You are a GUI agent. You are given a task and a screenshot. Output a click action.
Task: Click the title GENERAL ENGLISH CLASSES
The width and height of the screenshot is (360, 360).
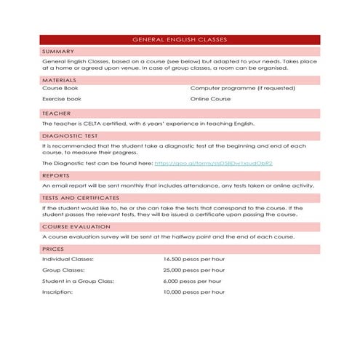click(180, 39)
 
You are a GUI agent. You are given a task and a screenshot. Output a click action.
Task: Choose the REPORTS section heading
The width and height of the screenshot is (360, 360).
click(55, 175)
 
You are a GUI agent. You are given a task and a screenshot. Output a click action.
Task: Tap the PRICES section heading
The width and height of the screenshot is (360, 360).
click(52, 249)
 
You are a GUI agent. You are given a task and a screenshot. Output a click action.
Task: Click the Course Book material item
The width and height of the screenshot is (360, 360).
click(60, 88)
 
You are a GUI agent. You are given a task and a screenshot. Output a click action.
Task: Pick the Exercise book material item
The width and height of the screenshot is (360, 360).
click(62, 99)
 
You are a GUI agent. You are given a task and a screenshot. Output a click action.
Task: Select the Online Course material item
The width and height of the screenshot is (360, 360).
click(210, 99)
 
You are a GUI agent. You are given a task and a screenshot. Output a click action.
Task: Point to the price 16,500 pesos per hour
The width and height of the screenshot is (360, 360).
click(195, 259)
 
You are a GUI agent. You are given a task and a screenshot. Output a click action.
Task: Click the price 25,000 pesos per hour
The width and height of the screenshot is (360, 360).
click(195, 270)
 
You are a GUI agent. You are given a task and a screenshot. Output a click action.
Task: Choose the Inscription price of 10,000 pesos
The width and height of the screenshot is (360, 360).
click(195, 292)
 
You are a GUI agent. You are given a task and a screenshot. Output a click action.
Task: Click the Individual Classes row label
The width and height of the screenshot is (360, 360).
click(68, 259)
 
